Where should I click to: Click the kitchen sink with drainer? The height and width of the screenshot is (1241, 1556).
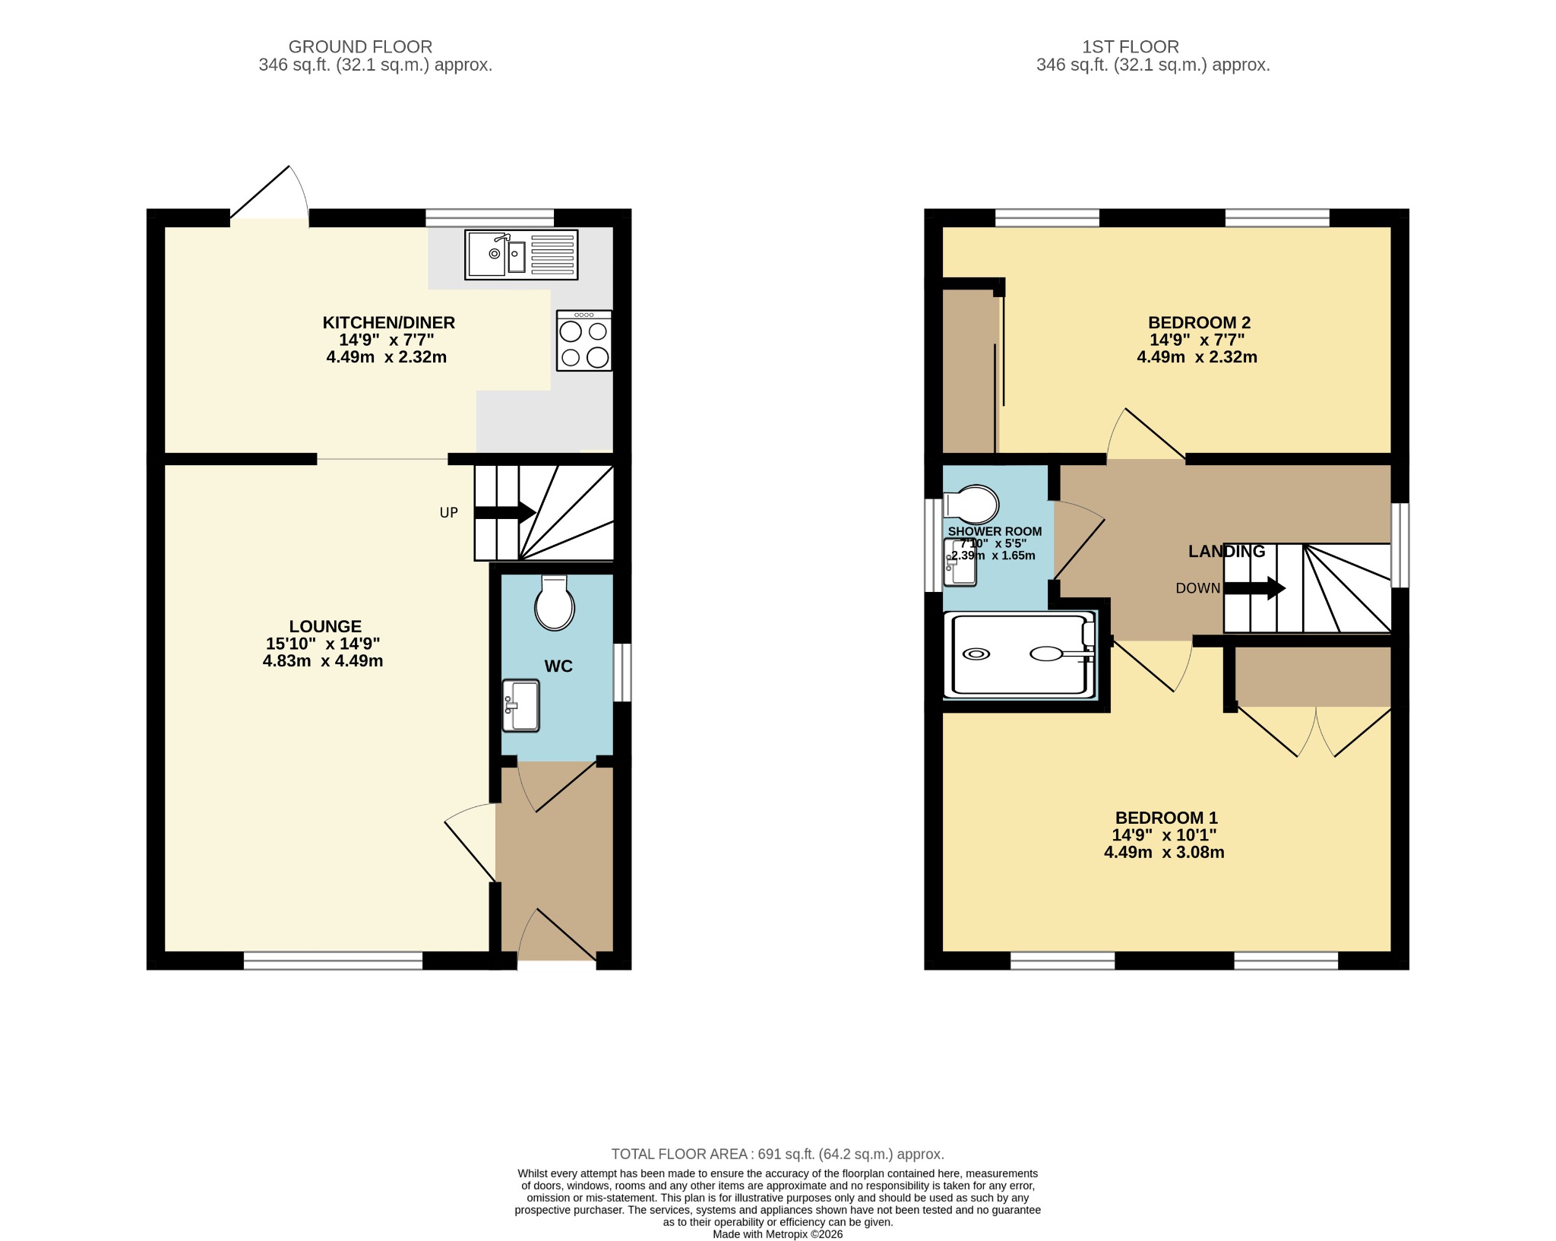[521, 255]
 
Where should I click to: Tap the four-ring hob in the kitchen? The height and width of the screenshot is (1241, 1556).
[583, 340]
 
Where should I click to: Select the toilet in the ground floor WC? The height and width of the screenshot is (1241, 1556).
[555, 603]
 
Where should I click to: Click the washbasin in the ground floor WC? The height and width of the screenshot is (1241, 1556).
[520, 705]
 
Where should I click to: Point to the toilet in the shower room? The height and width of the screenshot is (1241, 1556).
[971, 504]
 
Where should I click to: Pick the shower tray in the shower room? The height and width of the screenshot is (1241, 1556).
[1020, 654]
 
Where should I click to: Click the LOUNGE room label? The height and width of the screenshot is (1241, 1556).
[325, 626]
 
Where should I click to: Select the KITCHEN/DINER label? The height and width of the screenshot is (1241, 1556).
[389, 322]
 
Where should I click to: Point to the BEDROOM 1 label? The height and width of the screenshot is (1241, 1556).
[1166, 818]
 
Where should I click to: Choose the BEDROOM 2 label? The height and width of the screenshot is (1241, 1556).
[1199, 322]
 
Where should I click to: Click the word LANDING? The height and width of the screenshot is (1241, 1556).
[1227, 551]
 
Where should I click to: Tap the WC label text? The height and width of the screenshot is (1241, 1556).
[558, 666]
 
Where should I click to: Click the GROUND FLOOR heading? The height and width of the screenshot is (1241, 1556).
[360, 46]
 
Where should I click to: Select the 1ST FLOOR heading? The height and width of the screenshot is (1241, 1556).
[1131, 46]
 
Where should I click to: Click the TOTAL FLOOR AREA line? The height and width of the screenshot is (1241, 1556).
[778, 1154]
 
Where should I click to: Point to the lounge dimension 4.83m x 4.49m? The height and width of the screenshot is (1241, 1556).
[323, 661]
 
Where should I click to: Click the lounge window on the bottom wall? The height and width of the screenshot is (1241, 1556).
[333, 961]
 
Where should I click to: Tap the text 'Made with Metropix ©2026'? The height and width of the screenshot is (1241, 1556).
[778, 1234]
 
